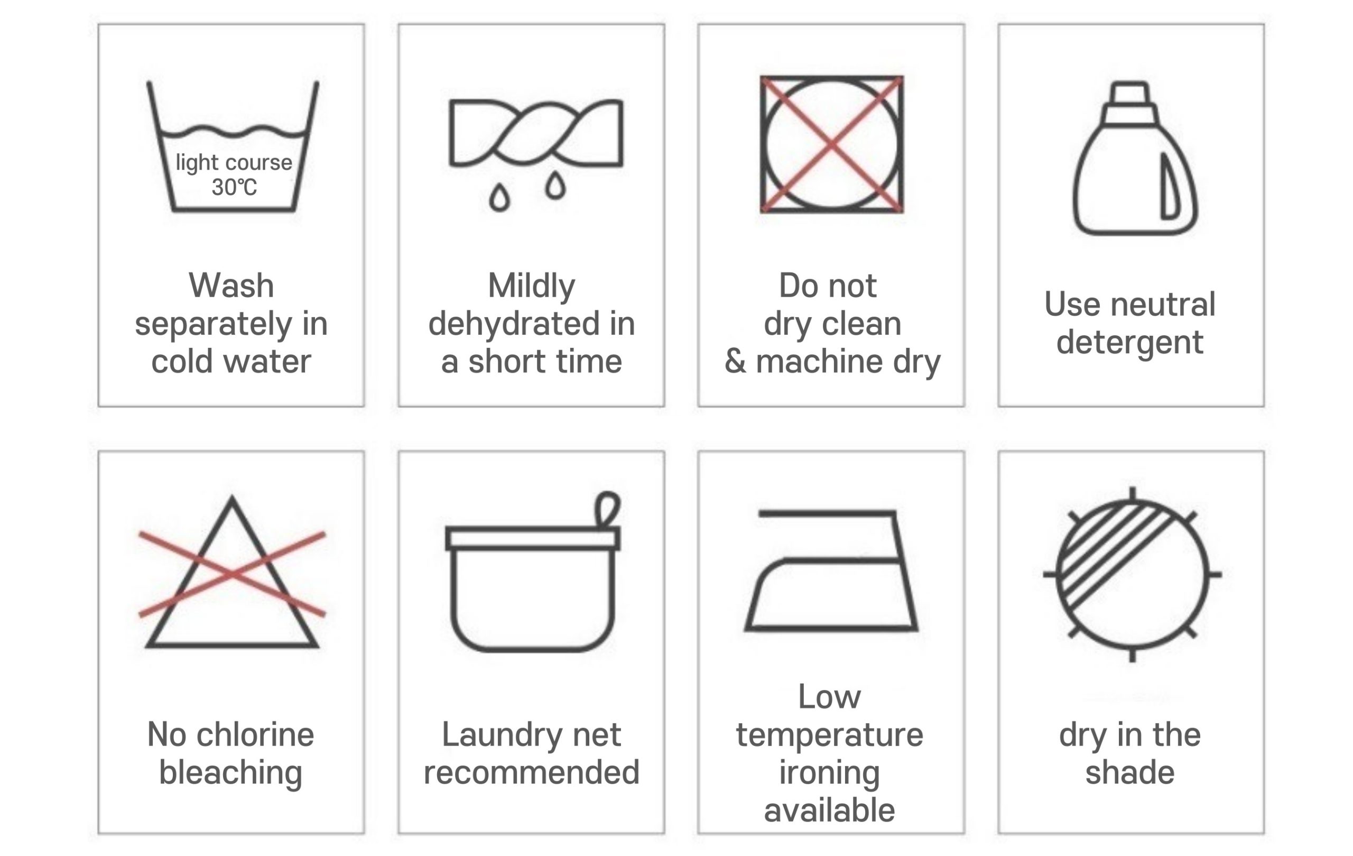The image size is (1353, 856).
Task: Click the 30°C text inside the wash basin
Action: tap(234, 187)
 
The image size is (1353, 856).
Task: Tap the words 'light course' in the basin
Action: tap(234, 162)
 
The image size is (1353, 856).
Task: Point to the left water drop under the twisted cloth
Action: tap(499, 197)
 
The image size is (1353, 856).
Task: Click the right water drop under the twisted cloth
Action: tap(555, 185)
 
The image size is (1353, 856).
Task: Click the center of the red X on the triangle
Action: tap(232, 574)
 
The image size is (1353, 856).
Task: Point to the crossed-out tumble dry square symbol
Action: tap(831, 144)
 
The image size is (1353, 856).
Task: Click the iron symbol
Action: tap(831, 570)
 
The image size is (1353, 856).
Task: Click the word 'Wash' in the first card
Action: tap(231, 286)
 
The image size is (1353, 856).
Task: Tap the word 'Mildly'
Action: tap(532, 287)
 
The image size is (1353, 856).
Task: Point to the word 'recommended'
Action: tap(532, 772)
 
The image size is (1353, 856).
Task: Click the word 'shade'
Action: tap(1130, 772)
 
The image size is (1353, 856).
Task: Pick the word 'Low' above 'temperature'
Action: tap(829, 697)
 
